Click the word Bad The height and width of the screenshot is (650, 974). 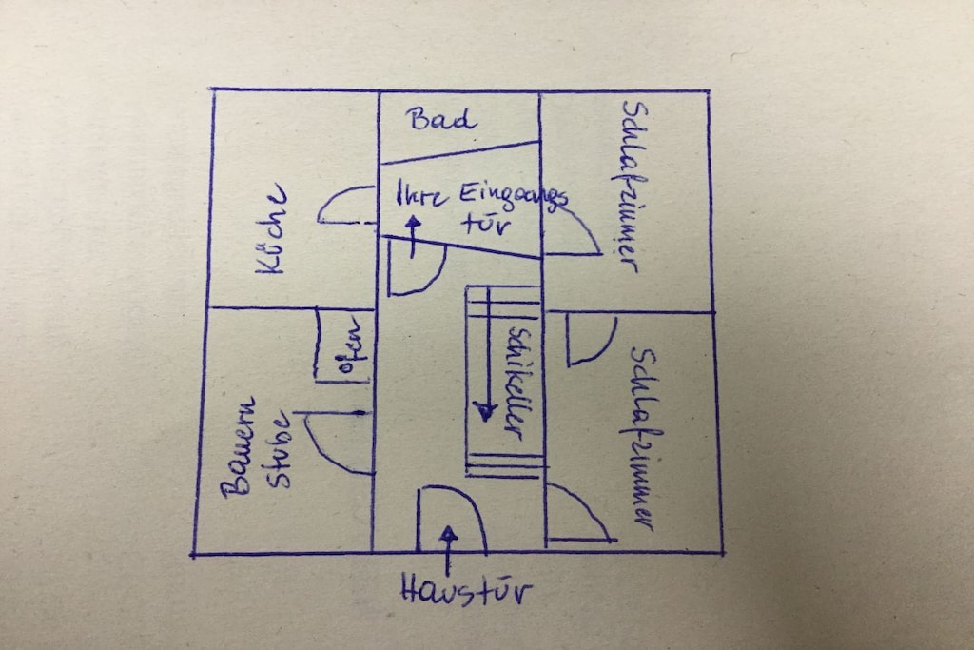[442, 118]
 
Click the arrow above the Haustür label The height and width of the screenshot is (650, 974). [448, 550]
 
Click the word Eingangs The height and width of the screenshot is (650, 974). [513, 197]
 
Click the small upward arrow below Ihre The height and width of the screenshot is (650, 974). [412, 236]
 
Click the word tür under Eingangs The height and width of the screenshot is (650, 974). [487, 224]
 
